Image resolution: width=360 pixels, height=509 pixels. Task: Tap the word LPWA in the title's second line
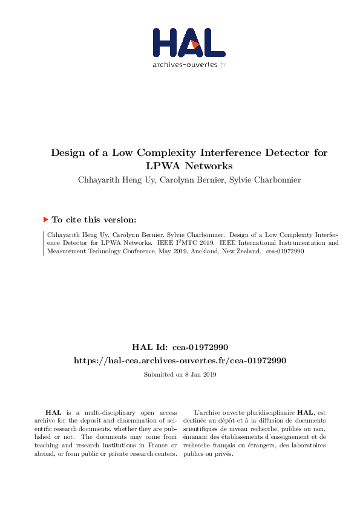click(x=160, y=165)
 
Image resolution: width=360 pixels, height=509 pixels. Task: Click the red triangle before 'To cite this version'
click(x=45, y=220)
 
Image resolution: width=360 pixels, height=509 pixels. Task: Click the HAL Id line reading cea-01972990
click(x=180, y=348)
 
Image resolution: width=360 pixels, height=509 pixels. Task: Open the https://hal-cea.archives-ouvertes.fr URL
click(x=180, y=360)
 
